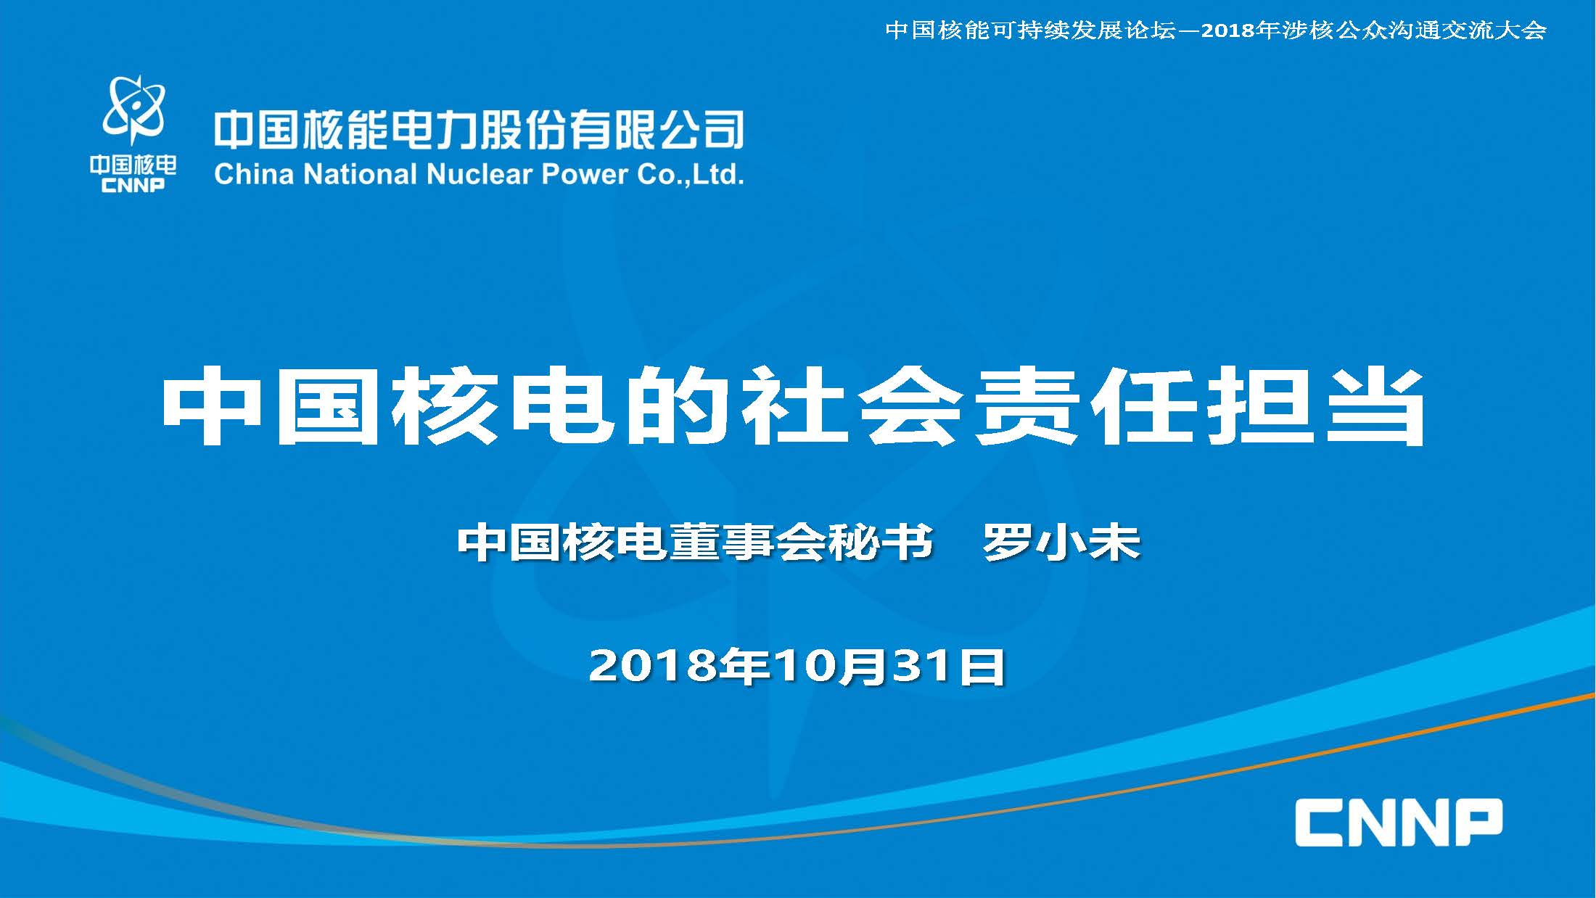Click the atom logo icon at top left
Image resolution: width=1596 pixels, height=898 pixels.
tap(134, 109)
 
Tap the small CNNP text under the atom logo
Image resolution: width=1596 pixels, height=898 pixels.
tap(133, 185)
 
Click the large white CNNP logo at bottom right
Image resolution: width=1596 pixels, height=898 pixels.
tap(1399, 822)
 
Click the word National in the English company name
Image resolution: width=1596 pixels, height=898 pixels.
tap(360, 174)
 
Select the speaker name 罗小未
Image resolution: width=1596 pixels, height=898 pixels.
tap(1061, 542)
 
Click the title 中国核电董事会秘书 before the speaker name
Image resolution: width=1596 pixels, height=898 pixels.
tap(695, 542)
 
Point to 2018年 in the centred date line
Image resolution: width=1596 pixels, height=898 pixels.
tap(680, 665)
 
